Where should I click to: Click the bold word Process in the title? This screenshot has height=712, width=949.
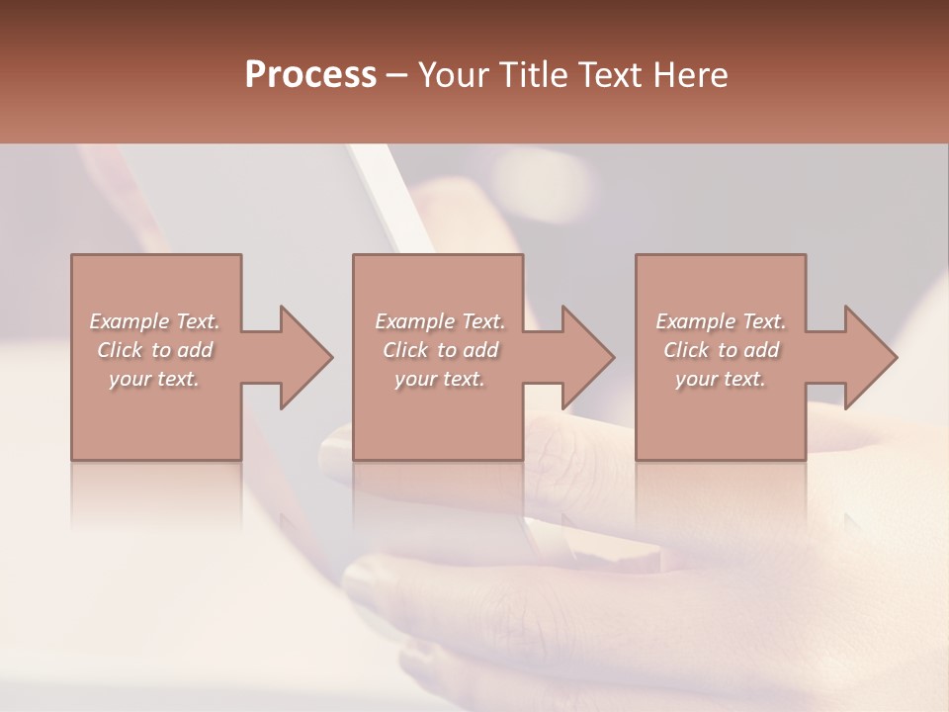(310, 74)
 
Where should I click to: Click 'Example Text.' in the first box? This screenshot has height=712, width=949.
(154, 321)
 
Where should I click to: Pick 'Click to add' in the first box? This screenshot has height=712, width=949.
(154, 350)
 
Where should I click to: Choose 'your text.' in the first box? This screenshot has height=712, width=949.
(154, 379)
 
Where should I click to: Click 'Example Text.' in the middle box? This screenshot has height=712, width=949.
(439, 321)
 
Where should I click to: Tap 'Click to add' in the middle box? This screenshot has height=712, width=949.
(439, 350)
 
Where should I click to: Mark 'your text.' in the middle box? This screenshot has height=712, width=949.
(439, 379)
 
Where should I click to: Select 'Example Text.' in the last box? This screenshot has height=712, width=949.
(721, 321)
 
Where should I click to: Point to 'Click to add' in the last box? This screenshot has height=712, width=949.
(721, 350)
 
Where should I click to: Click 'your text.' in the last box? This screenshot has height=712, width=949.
(721, 379)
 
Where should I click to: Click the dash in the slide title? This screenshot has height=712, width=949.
(397, 76)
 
